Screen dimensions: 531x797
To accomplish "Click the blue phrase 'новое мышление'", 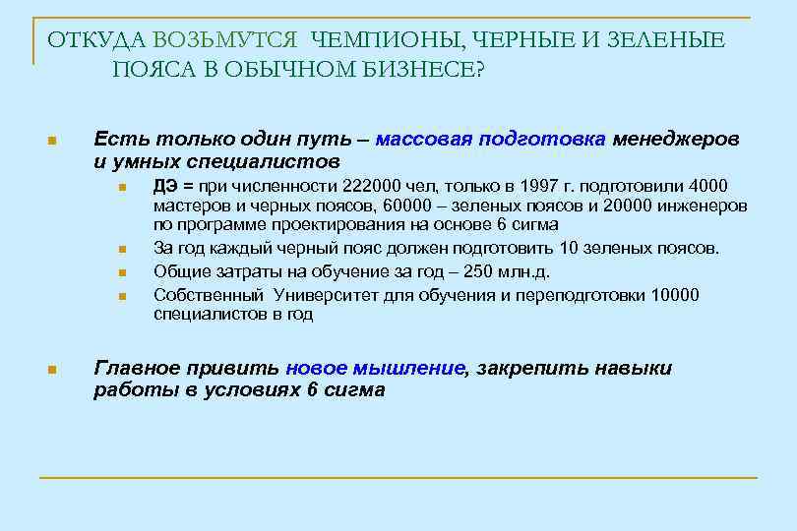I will (375, 369).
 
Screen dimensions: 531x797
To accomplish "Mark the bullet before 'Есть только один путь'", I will (52, 141).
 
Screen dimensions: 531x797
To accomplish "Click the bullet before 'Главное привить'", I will (52, 371).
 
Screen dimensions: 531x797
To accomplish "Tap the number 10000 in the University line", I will (676, 294).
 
